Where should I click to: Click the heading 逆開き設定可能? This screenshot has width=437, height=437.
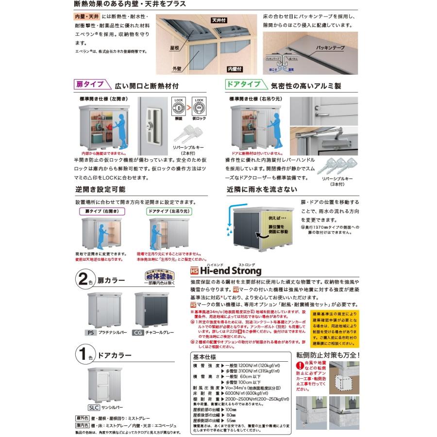coord(100,189)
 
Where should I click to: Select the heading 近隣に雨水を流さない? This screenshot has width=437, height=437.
coord(262,189)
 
